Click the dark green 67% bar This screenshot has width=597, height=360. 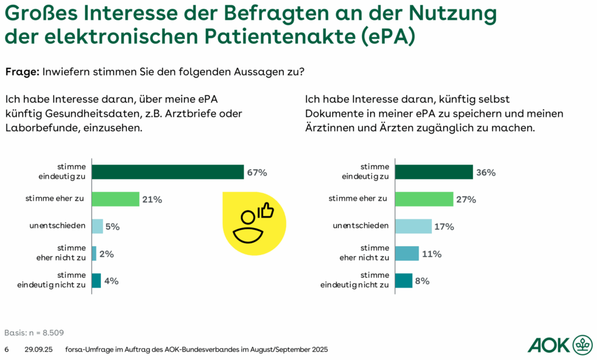pos(168,172)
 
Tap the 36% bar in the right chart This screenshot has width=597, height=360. pos(434,172)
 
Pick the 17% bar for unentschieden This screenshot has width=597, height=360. pos(413,226)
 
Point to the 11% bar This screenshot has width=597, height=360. pos(407,253)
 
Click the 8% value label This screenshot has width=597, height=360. pos(422,281)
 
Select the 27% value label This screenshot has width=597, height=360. pos(466,199)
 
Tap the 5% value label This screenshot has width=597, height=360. pos(113,226)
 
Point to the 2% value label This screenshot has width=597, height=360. pos(106,254)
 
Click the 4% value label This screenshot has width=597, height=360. pos(111,281)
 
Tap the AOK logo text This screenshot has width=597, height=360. pos(549,345)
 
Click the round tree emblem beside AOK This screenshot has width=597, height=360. pos(582,345)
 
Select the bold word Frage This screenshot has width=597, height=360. pos(22,72)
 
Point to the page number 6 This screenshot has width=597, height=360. pos(6,349)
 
